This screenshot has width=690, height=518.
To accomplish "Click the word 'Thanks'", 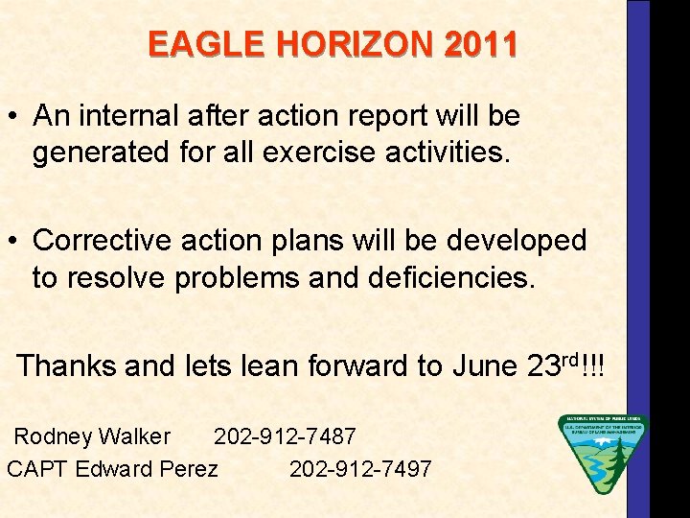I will point(65,365).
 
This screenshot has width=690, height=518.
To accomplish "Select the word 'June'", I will point(483,365).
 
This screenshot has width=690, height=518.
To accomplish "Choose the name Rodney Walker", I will point(92,437).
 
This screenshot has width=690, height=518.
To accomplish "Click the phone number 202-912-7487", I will point(285,437).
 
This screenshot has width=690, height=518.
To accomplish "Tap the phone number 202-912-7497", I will point(360,469).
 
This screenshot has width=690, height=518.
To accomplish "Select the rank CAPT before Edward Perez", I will point(37,469).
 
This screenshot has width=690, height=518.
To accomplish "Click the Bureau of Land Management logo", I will point(602,454).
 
